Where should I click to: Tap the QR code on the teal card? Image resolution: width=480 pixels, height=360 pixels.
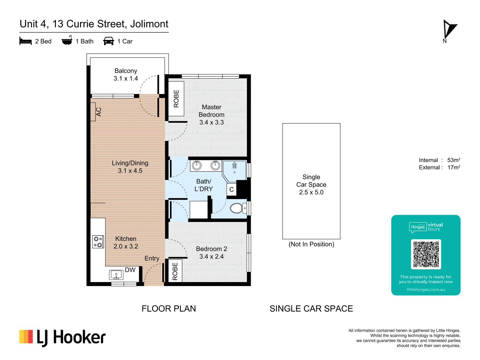[x=426, y=254]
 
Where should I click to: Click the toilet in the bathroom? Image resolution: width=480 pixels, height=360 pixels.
[x=238, y=208]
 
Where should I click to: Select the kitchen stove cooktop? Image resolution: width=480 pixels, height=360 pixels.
[x=98, y=242]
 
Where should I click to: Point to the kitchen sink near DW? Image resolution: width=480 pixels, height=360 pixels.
[x=116, y=275]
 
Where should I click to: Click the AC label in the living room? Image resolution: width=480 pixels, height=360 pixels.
[x=98, y=112]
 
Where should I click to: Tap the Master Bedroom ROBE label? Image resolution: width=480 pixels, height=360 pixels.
[x=176, y=99]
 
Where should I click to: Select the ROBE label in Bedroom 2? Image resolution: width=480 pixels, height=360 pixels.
[x=175, y=271]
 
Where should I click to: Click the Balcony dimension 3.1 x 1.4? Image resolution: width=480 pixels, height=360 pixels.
[x=126, y=79]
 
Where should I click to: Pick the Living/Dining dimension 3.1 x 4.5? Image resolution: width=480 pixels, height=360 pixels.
[x=130, y=171]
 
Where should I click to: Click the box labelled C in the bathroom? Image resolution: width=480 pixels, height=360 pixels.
[x=231, y=190]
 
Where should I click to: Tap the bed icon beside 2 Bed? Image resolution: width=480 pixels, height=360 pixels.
[x=26, y=41]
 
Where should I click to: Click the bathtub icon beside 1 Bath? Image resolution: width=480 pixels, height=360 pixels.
[x=67, y=41]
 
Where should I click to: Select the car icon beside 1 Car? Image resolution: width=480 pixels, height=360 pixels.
[x=109, y=41]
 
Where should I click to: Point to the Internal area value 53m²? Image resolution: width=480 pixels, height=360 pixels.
[x=453, y=160]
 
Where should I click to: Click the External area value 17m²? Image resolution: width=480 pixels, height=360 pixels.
[x=453, y=168]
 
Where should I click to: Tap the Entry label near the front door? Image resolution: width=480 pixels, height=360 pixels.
[x=152, y=258]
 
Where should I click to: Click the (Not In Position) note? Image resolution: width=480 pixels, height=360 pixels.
[x=311, y=244]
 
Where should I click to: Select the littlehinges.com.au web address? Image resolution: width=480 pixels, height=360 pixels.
[x=426, y=290]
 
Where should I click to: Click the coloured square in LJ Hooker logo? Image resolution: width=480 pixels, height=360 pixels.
[x=26, y=337]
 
